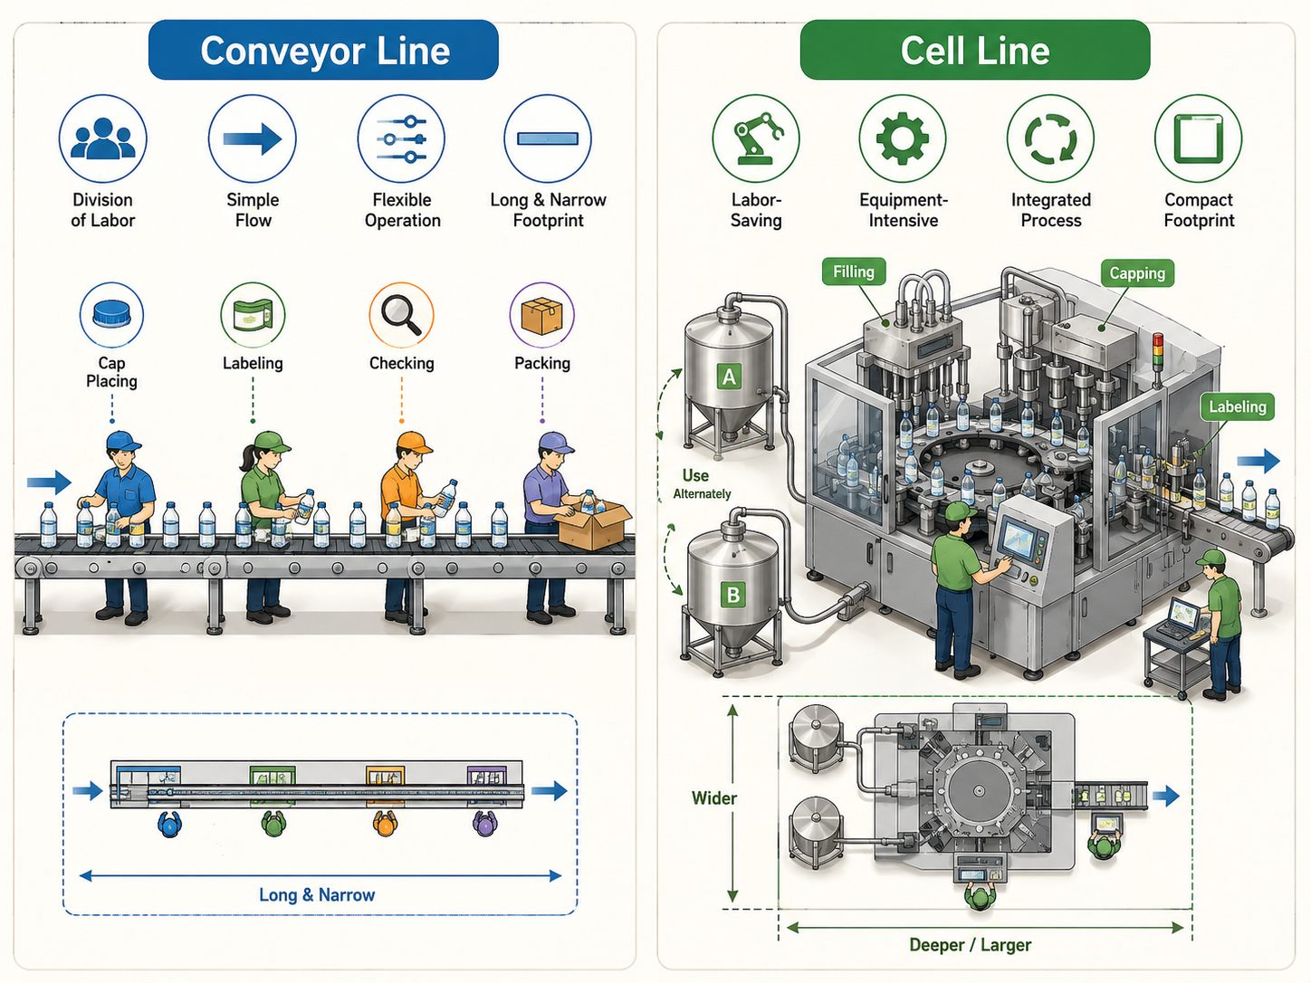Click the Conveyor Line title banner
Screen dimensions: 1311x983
coord(323,50)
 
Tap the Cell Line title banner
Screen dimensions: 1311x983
coord(975,50)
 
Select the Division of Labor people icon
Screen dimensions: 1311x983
coord(102,138)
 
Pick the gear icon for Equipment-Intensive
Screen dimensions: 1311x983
coord(903,138)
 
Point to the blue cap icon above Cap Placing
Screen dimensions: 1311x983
coord(111,314)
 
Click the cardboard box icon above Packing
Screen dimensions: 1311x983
coord(541,315)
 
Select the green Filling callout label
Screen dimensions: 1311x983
coord(854,272)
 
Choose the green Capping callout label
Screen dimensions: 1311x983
coord(1137,273)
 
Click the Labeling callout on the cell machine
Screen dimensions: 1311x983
coord(1238,407)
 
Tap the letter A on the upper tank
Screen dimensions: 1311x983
coord(729,377)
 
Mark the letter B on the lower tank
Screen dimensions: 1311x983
coord(732,595)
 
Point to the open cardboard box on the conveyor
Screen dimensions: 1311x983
coord(593,525)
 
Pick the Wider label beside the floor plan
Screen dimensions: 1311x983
coord(713,798)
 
